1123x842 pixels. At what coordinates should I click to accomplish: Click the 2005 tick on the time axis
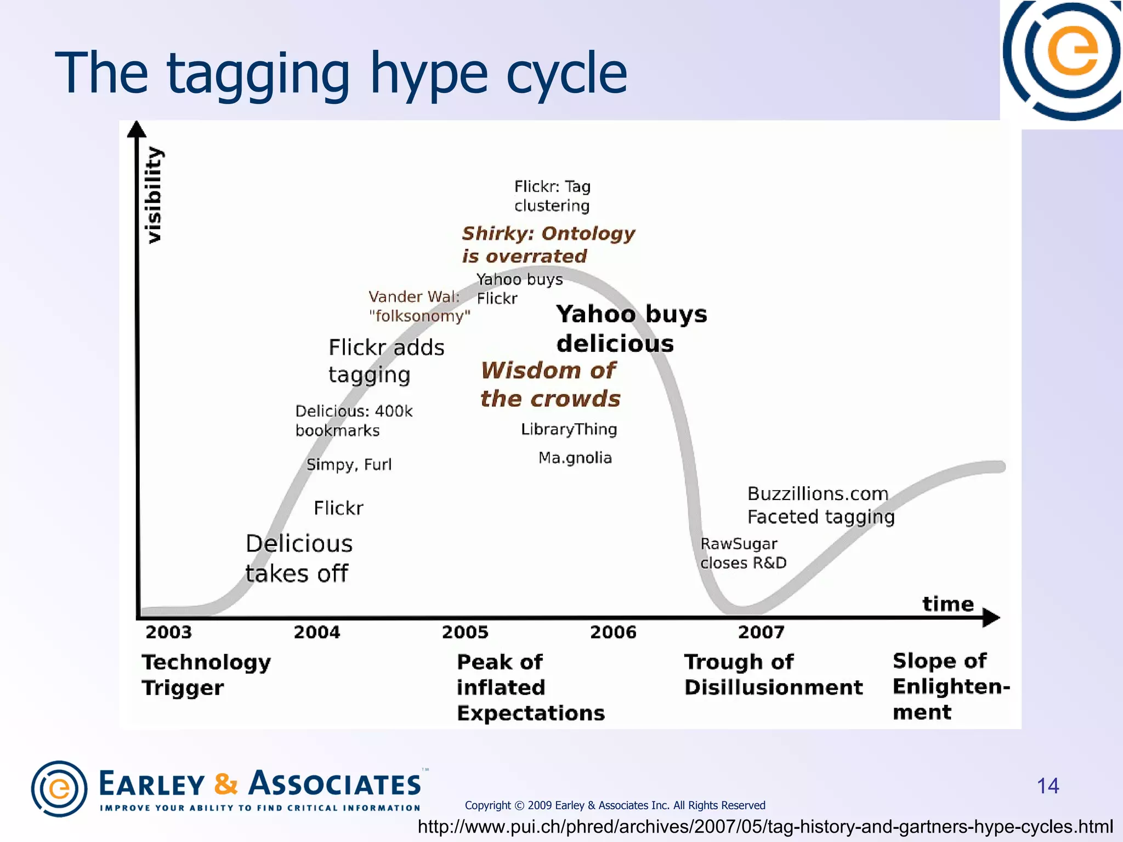[x=465, y=632]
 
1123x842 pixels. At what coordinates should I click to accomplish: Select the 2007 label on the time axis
[x=761, y=632]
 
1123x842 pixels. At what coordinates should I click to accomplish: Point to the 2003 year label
[x=168, y=632]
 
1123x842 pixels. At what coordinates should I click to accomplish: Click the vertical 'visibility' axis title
[x=154, y=195]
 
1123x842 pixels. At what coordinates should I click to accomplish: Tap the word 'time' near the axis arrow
[x=948, y=604]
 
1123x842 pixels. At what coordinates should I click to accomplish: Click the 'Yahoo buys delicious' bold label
[x=631, y=328]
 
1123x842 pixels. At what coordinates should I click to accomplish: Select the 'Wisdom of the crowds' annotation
[x=550, y=384]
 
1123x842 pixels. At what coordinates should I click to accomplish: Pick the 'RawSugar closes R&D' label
[x=742, y=553]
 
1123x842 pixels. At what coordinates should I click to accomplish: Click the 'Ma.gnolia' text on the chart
[x=575, y=458]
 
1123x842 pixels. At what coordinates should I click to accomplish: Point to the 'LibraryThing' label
[x=569, y=429]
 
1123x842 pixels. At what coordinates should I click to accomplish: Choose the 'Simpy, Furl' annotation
[x=349, y=464]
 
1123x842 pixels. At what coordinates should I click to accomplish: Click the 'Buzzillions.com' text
[x=818, y=493]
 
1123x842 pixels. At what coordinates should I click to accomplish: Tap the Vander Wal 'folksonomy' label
[x=419, y=306]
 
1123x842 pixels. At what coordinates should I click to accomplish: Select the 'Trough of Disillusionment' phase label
[x=773, y=674]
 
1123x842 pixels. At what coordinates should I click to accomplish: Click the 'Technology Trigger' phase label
[x=206, y=674]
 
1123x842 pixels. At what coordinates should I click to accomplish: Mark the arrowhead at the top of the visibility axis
[x=137, y=129]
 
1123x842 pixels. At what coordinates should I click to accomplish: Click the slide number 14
[x=1047, y=786]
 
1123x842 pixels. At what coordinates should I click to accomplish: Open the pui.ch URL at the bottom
[x=765, y=827]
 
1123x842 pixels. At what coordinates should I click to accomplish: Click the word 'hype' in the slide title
[x=429, y=74]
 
